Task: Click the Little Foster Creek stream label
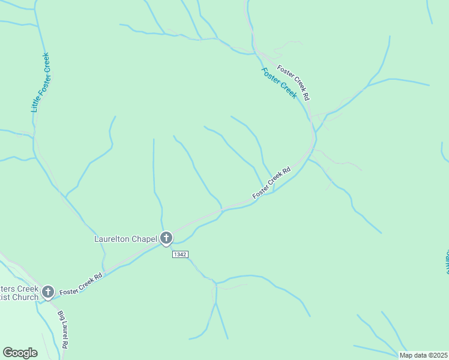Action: (40, 83)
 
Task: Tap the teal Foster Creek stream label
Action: (279, 83)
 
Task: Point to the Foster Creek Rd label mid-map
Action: (271, 182)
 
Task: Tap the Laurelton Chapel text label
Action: (125, 239)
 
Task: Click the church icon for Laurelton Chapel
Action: (166, 238)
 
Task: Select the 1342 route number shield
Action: (180, 254)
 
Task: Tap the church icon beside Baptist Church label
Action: (47, 292)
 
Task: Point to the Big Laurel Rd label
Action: (62, 329)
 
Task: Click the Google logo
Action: (20, 353)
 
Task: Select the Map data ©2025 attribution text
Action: (423, 355)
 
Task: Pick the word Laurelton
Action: (112, 239)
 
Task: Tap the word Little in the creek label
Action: (35, 104)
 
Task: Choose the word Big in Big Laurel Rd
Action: (60, 316)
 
